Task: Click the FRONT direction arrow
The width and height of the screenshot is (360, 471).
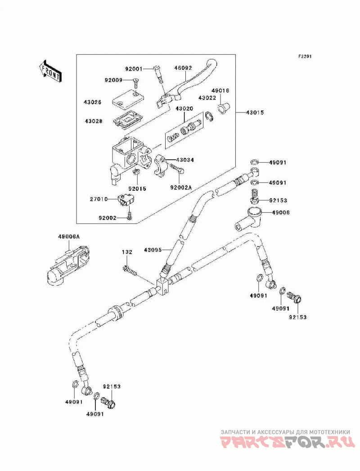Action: click(x=50, y=71)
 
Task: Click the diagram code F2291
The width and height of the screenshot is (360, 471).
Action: click(x=304, y=56)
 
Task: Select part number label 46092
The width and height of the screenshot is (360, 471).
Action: click(x=183, y=68)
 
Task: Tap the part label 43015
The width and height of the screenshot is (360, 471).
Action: click(x=255, y=112)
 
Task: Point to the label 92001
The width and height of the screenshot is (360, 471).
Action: click(x=134, y=69)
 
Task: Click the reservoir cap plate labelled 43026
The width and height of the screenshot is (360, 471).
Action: click(x=128, y=98)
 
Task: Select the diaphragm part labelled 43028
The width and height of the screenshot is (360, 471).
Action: click(x=128, y=121)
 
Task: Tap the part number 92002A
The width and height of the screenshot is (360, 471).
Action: click(x=181, y=188)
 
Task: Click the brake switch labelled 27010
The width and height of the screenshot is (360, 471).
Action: click(x=126, y=199)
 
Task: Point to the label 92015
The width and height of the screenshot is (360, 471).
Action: click(x=137, y=188)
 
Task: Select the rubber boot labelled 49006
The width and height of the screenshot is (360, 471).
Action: click(x=248, y=219)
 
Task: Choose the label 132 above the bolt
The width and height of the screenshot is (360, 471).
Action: click(x=127, y=252)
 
